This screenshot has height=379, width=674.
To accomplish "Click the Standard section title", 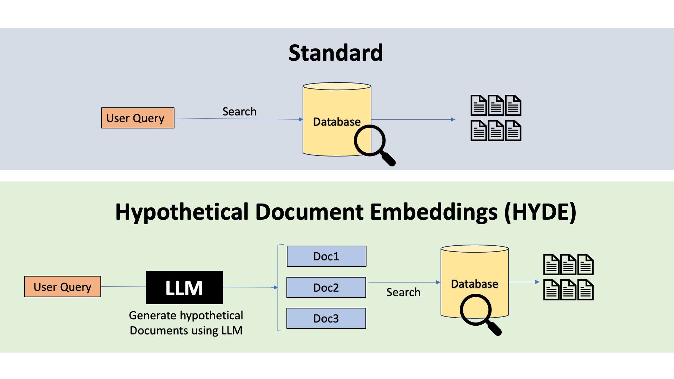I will (336, 53).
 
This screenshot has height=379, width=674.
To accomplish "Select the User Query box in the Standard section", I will (138, 118).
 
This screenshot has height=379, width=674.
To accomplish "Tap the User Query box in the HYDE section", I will (62, 287).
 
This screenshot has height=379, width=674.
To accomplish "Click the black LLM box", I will (184, 287).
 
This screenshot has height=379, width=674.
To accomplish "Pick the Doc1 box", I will (326, 256).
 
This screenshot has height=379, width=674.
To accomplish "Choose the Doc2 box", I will (326, 287).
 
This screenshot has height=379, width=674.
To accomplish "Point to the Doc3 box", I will (326, 318).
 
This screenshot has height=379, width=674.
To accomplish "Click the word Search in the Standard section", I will (239, 112).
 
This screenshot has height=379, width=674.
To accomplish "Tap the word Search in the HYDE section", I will (403, 292).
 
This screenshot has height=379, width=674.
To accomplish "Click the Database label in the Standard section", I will (337, 122).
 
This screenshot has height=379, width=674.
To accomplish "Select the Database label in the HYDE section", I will (475, 284).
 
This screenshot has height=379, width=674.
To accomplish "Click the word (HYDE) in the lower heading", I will (540, 212).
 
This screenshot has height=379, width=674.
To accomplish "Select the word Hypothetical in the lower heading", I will (182, 212).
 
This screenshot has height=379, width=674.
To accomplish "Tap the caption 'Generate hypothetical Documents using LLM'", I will (186, 323).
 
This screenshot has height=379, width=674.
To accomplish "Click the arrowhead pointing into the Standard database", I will (301, 119).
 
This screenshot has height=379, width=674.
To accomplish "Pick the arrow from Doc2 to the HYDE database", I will (404, 282).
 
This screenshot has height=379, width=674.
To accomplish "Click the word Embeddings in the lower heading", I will (434, 212).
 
